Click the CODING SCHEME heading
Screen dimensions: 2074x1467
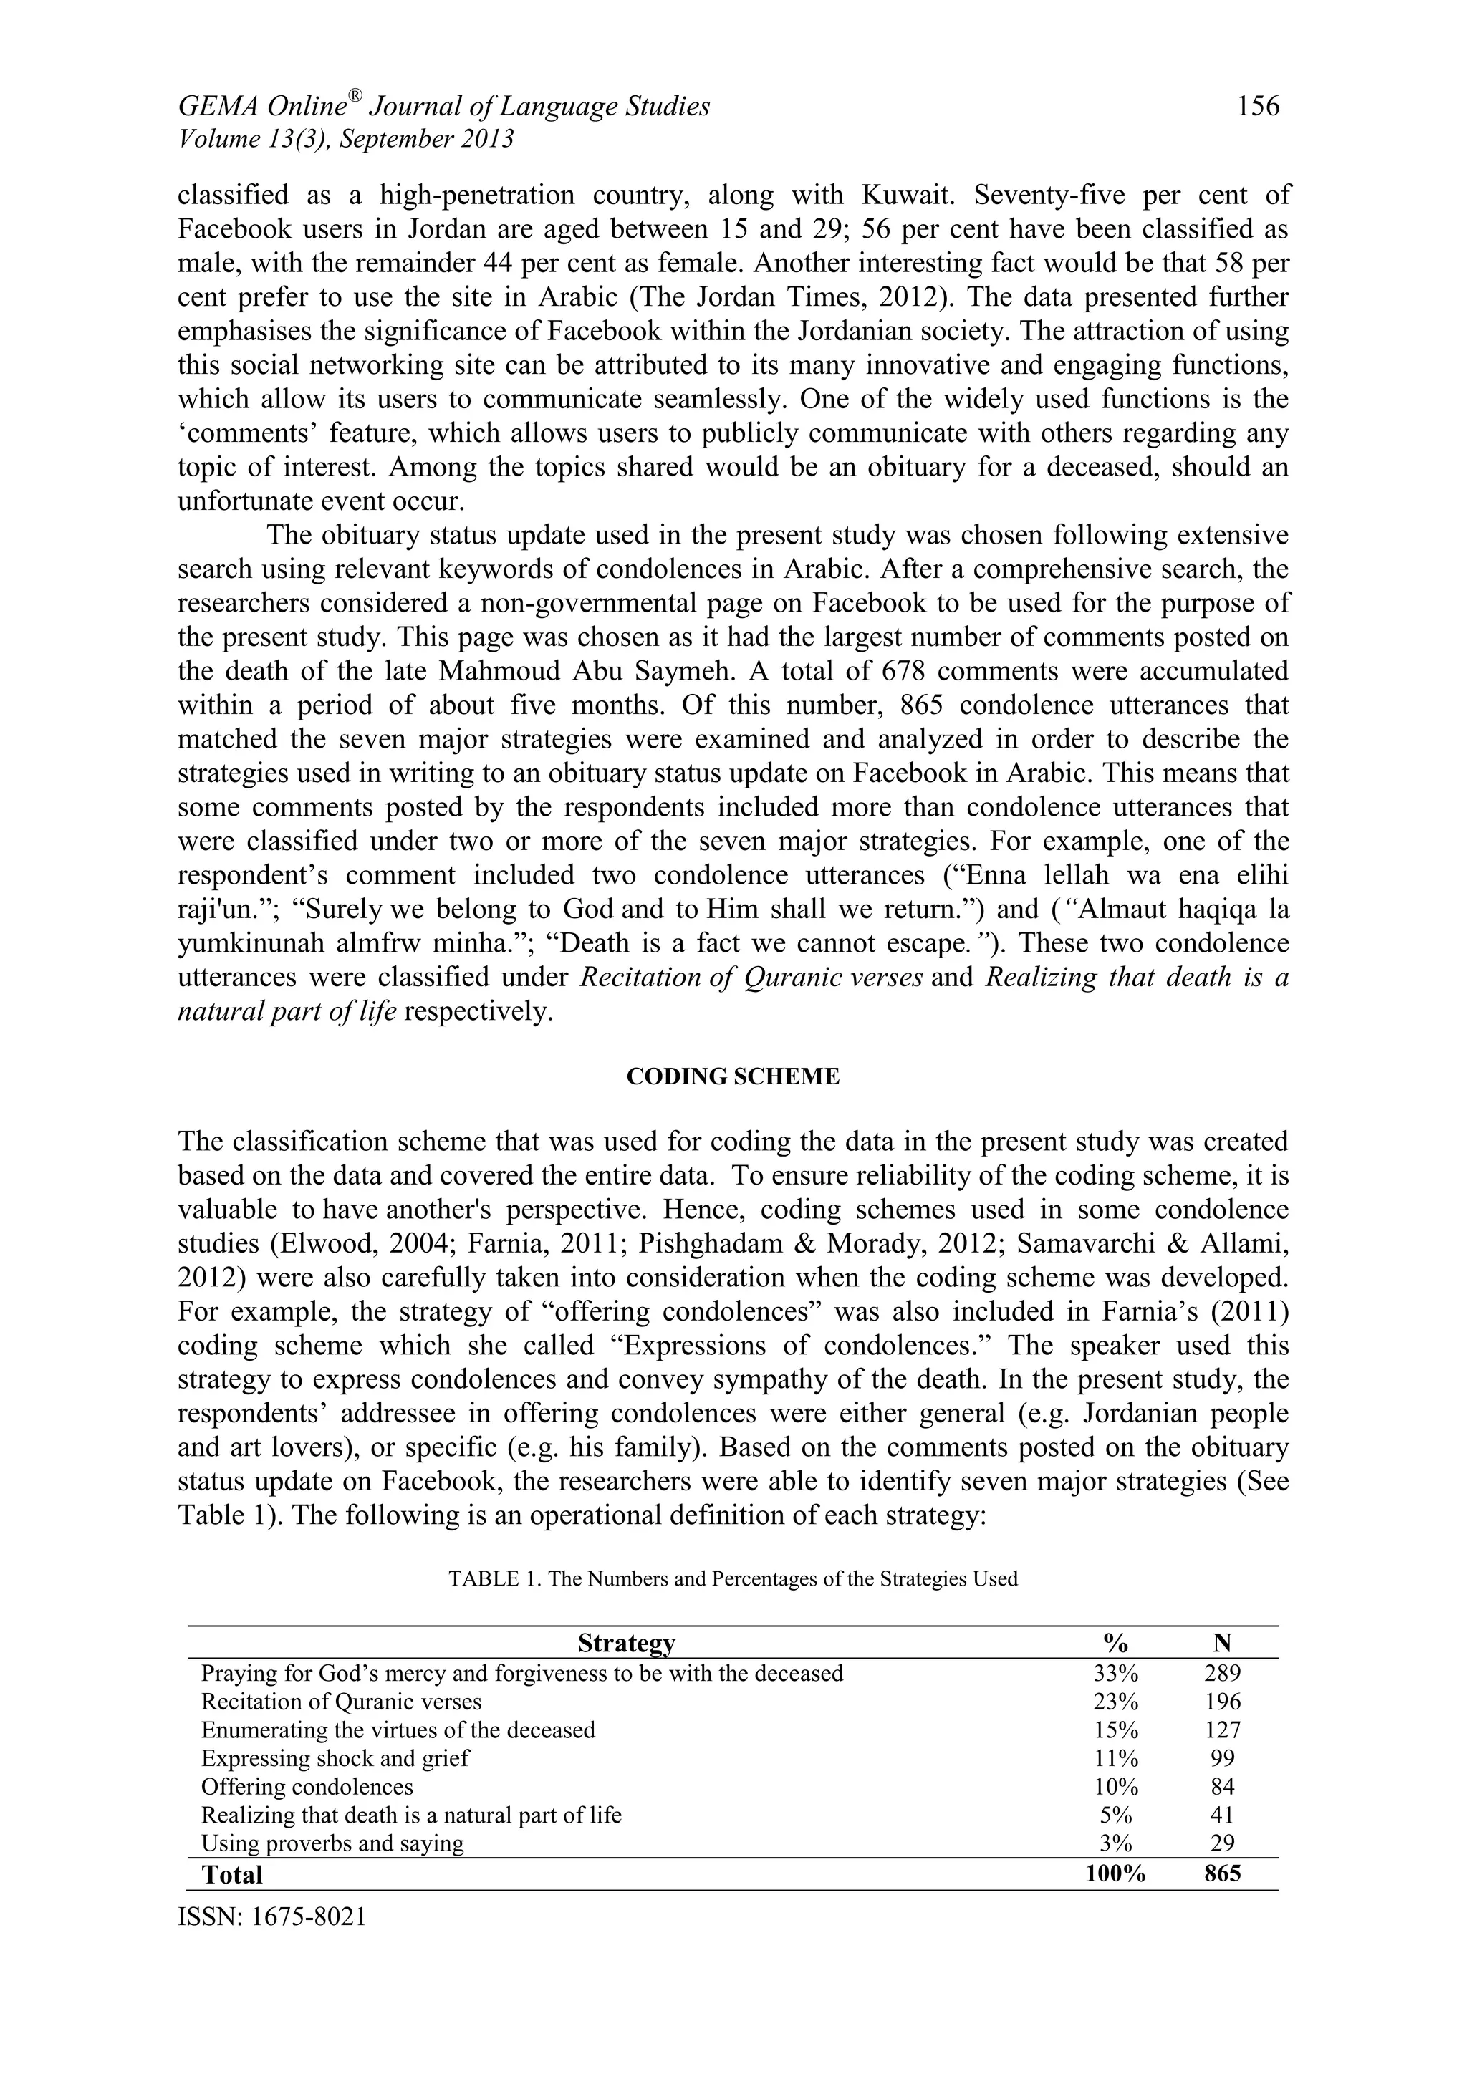tap(733, 1076)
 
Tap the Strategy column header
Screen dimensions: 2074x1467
tap(626, 1642)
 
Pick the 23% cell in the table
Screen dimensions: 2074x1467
tap(1115, 1702)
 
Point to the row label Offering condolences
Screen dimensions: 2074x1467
tap(307, 1787)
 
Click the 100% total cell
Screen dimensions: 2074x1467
tap(1115, 1873)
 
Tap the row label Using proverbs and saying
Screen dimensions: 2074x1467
tap(332, 1843)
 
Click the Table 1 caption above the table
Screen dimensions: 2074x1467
tap(733, 1579)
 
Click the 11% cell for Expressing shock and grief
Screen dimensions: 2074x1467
tap(1115, 1759)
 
